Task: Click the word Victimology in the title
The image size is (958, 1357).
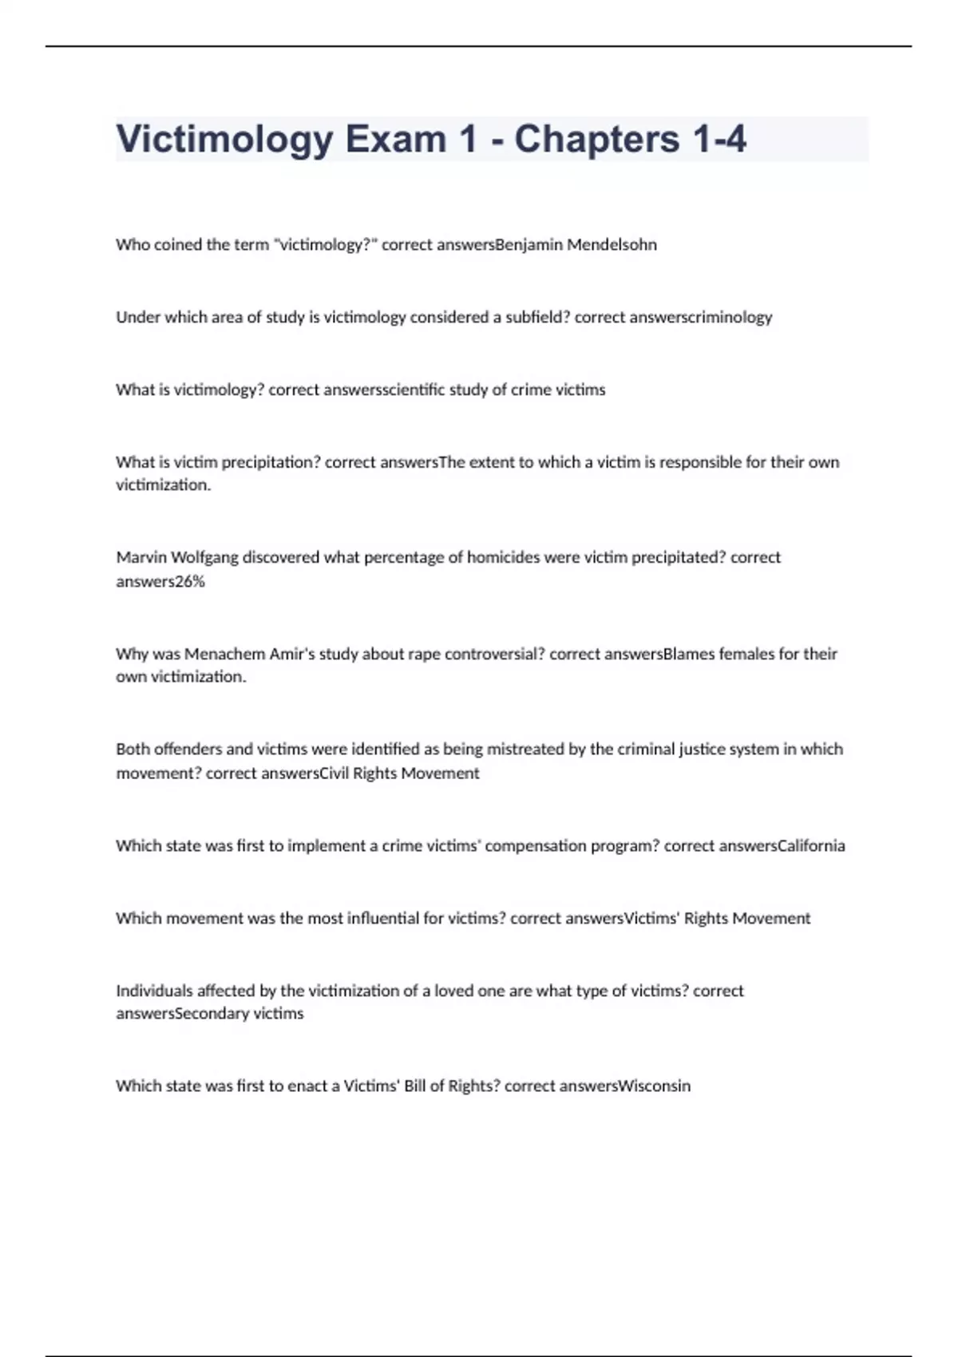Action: pos(224,140)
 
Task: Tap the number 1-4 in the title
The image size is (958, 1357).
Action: pos(719,139)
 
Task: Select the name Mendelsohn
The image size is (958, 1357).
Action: pos(612,245)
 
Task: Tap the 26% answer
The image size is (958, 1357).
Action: pos(190,581)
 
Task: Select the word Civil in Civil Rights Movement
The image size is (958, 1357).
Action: pos(334,773)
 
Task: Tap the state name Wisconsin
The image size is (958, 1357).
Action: pos(655,1086)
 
